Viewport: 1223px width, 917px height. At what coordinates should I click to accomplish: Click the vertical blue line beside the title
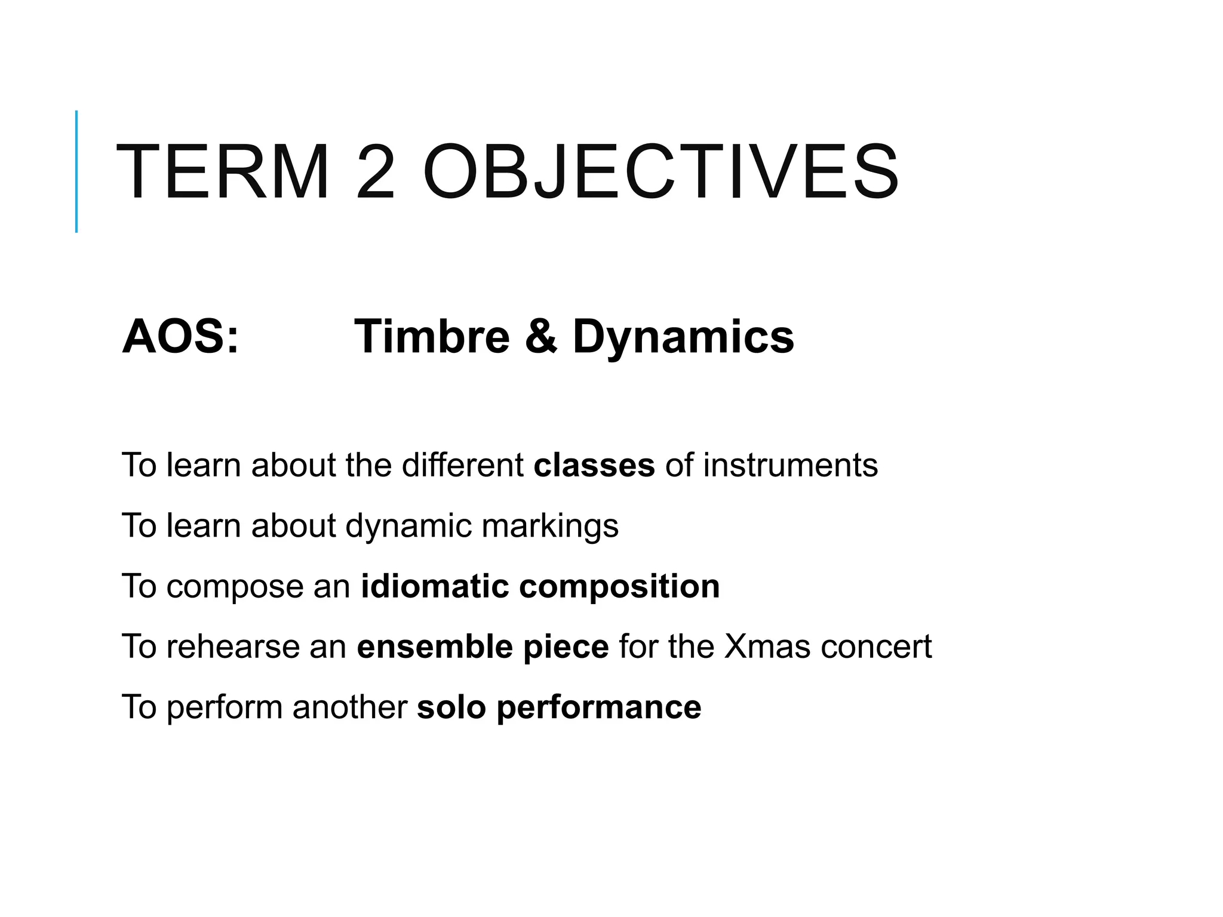tap(76, 171)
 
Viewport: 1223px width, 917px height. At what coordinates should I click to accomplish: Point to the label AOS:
tap(180, 337)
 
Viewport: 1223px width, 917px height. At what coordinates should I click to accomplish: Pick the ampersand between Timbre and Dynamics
tap(541, 337)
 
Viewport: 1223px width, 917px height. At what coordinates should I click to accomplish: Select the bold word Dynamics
tap(683, 337)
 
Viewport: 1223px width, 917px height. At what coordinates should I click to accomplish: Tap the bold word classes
tap(594, 465)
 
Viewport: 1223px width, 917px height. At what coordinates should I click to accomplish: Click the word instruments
tap(790, 465)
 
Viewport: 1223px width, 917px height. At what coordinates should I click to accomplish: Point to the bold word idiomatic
tap(434, 586)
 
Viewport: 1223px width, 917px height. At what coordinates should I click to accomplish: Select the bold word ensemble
tap(434, 647)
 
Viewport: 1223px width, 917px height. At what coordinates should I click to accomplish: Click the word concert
tap(876, 647)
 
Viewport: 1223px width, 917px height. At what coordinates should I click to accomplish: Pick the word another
tap(349, 707)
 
